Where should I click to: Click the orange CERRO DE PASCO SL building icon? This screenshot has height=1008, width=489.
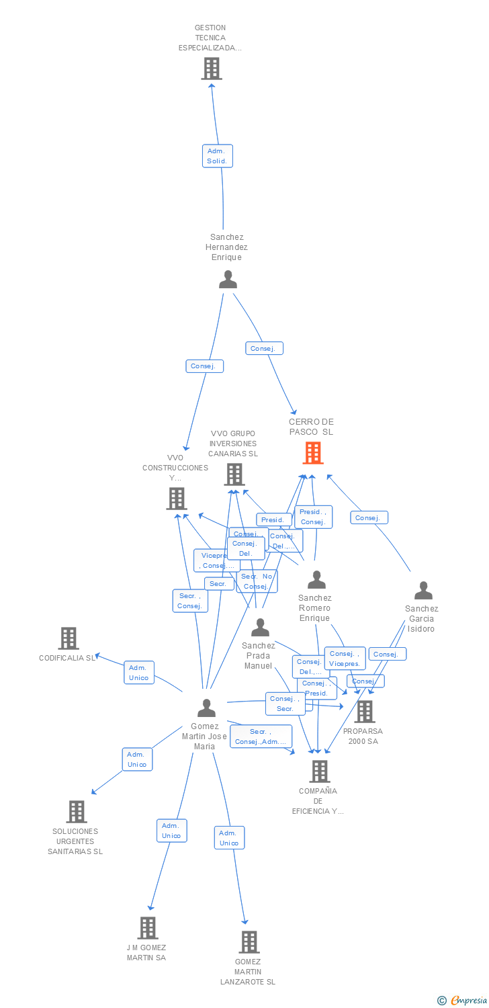point(313,453)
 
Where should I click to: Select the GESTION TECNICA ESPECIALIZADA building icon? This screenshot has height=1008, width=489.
point(212,69)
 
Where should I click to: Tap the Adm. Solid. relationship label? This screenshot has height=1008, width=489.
point(217,156)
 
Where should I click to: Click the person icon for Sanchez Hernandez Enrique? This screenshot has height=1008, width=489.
point(228,280)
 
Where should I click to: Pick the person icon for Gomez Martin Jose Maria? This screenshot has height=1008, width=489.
point(206,708)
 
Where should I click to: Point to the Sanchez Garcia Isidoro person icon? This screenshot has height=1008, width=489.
point(423,591)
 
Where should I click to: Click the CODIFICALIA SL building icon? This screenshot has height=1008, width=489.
point(69,638)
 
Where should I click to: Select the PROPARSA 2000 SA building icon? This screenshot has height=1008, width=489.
point(365,712)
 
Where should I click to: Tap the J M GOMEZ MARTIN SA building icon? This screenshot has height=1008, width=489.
point(148,928)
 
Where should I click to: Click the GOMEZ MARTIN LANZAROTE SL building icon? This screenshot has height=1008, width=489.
point(249,942)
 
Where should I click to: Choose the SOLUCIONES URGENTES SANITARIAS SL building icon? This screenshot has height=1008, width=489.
point(77,812)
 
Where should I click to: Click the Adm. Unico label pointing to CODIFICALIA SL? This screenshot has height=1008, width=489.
point(139,673)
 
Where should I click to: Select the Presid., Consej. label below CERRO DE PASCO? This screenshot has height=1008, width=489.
point(312,517)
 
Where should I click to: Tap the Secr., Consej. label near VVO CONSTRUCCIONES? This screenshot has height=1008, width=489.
point(189,601)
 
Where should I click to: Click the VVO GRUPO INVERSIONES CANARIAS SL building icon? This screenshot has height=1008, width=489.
point(234,474)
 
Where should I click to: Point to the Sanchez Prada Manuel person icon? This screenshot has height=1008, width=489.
point(260,628)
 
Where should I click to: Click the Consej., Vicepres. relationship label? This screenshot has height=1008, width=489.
point(345,659)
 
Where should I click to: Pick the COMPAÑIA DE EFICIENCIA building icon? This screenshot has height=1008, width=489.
point(320,771)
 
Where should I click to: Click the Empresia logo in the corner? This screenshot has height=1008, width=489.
point(463,1001)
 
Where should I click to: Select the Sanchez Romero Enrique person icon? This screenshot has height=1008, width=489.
point(316,580)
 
